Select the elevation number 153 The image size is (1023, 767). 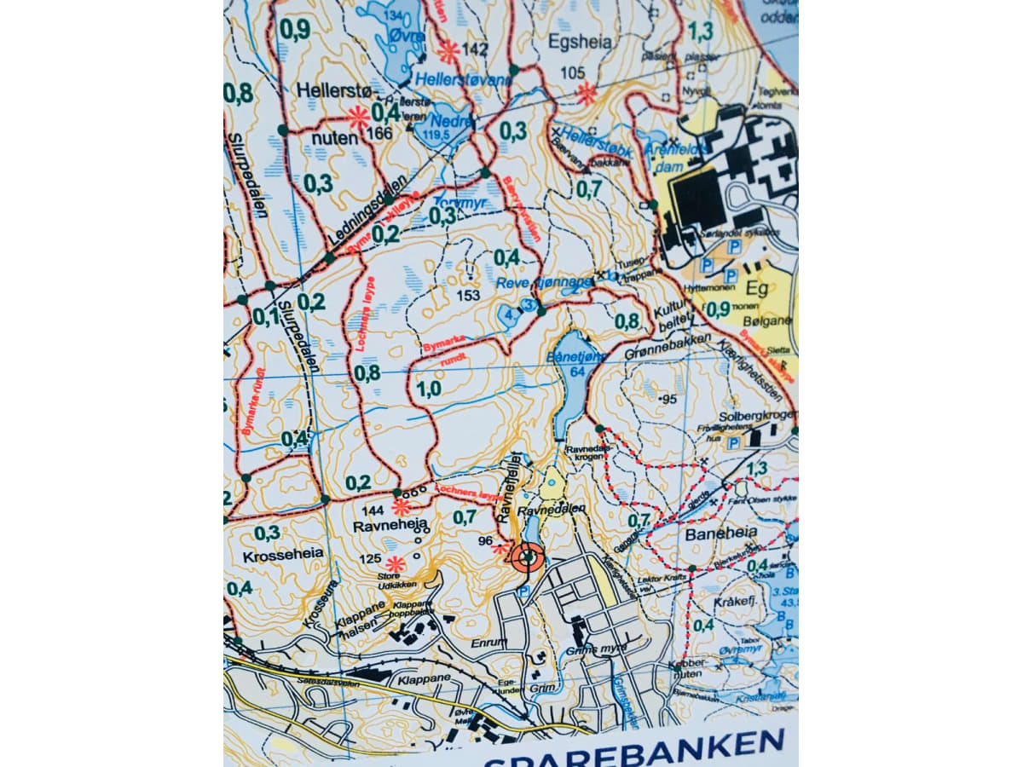[x=469, y=295]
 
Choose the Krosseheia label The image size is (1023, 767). [x=283, y=554]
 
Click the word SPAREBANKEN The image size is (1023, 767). [x=634, y=750]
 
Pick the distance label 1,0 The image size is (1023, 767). [x=429, y=389]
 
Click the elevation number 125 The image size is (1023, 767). [x=369, y=559]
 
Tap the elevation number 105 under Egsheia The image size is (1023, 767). [x=573, y=73]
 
